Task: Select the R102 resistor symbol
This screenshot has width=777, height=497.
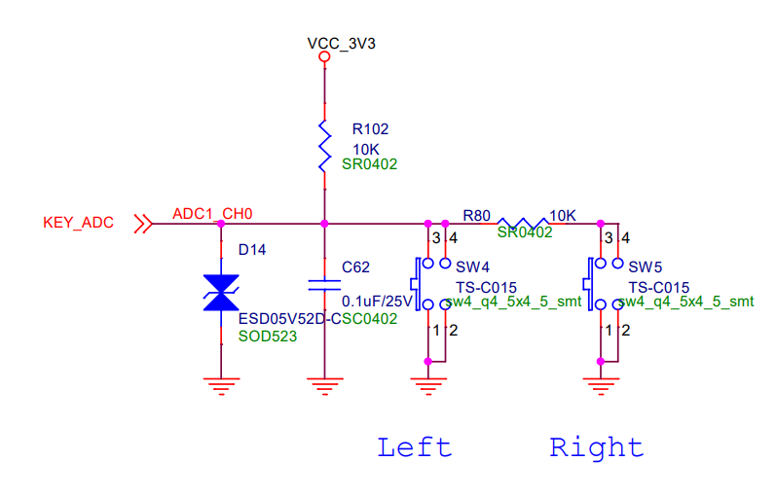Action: (324, 148)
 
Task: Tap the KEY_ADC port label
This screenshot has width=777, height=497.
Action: (78, 223)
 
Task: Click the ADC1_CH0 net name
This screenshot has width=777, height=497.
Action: (212, 214)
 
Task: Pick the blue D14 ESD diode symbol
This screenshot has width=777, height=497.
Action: (221, 293)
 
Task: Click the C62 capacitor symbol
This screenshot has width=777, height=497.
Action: (324, 285)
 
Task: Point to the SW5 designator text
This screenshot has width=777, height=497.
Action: (645, 266)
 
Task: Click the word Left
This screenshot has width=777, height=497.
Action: (415, 447)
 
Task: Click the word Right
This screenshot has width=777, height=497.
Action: (596, 447)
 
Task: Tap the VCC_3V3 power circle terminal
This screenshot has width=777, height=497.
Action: (324, 57)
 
